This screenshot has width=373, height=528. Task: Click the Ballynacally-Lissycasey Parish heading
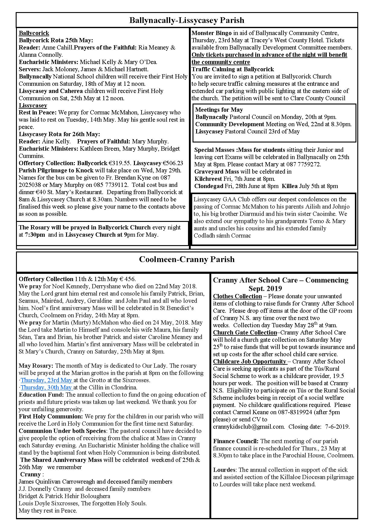186,21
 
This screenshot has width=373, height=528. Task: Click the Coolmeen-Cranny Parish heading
186,260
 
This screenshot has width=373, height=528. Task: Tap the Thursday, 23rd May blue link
47,380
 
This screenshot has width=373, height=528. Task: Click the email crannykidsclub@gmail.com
249,427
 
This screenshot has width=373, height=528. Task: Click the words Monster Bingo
212,33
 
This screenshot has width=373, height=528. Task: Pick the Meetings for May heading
219,110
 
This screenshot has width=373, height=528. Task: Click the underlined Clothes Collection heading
237,296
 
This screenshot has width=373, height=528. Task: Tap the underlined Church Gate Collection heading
245,333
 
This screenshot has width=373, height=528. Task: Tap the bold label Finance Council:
236,441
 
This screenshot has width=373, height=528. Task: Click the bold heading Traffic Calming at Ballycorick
233,69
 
